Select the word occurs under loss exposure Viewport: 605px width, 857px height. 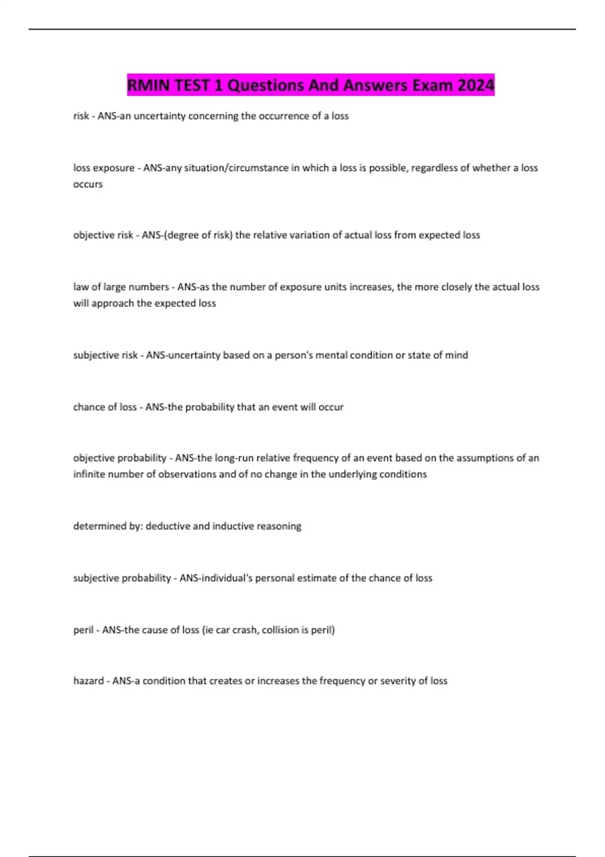click(x=88, y=185)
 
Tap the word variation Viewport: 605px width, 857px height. click(x=318, y=235)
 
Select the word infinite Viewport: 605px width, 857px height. click(x=87, y=474)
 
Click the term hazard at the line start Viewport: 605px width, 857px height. click(x=88, y=681)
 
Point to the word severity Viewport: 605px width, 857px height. click(x=403, y=681)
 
